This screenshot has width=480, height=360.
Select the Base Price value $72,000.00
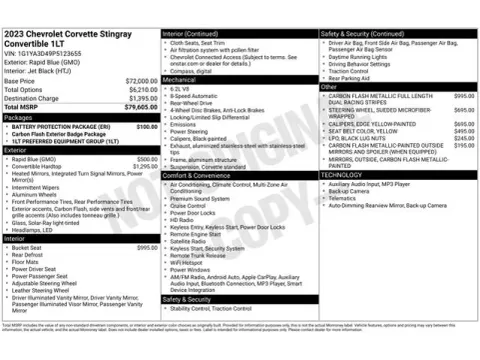coord(139,79)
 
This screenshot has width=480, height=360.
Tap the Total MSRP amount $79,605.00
coord(139,105)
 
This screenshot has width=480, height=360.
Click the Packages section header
coord(20,117)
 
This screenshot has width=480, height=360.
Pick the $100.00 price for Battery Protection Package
coord(146,127)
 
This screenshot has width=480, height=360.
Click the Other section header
coord(329,87)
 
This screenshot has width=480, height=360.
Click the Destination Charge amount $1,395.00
coord(141,97)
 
